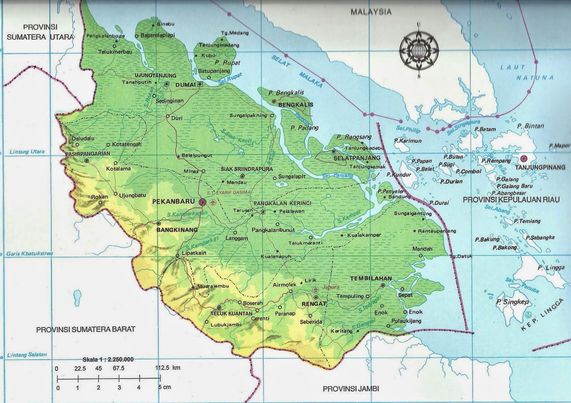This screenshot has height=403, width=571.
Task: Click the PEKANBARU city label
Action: tap(174, 202)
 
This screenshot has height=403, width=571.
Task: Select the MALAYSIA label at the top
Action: tap(371, 12)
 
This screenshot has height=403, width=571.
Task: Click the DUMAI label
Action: tap(185, 85)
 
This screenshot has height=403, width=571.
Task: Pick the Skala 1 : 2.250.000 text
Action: tap(108, 359)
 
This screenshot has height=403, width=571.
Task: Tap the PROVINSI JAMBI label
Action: tap(351, 389)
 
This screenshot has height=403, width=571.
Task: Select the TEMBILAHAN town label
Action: tap(371, 278)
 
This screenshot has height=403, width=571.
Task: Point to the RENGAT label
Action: tap(314, 304)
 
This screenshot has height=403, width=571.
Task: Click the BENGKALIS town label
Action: tap(295, 105)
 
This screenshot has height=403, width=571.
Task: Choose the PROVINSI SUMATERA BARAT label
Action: tap(86, 329)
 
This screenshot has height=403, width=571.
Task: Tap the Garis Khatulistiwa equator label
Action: tap(30, 254)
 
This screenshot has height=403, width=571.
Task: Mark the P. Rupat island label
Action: tap(227, 62)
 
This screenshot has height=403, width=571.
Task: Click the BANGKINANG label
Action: tap(177, 230)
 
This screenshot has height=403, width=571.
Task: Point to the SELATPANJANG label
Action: tap(357, 158)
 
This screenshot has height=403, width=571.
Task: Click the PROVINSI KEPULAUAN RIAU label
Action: tap(511, 200)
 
